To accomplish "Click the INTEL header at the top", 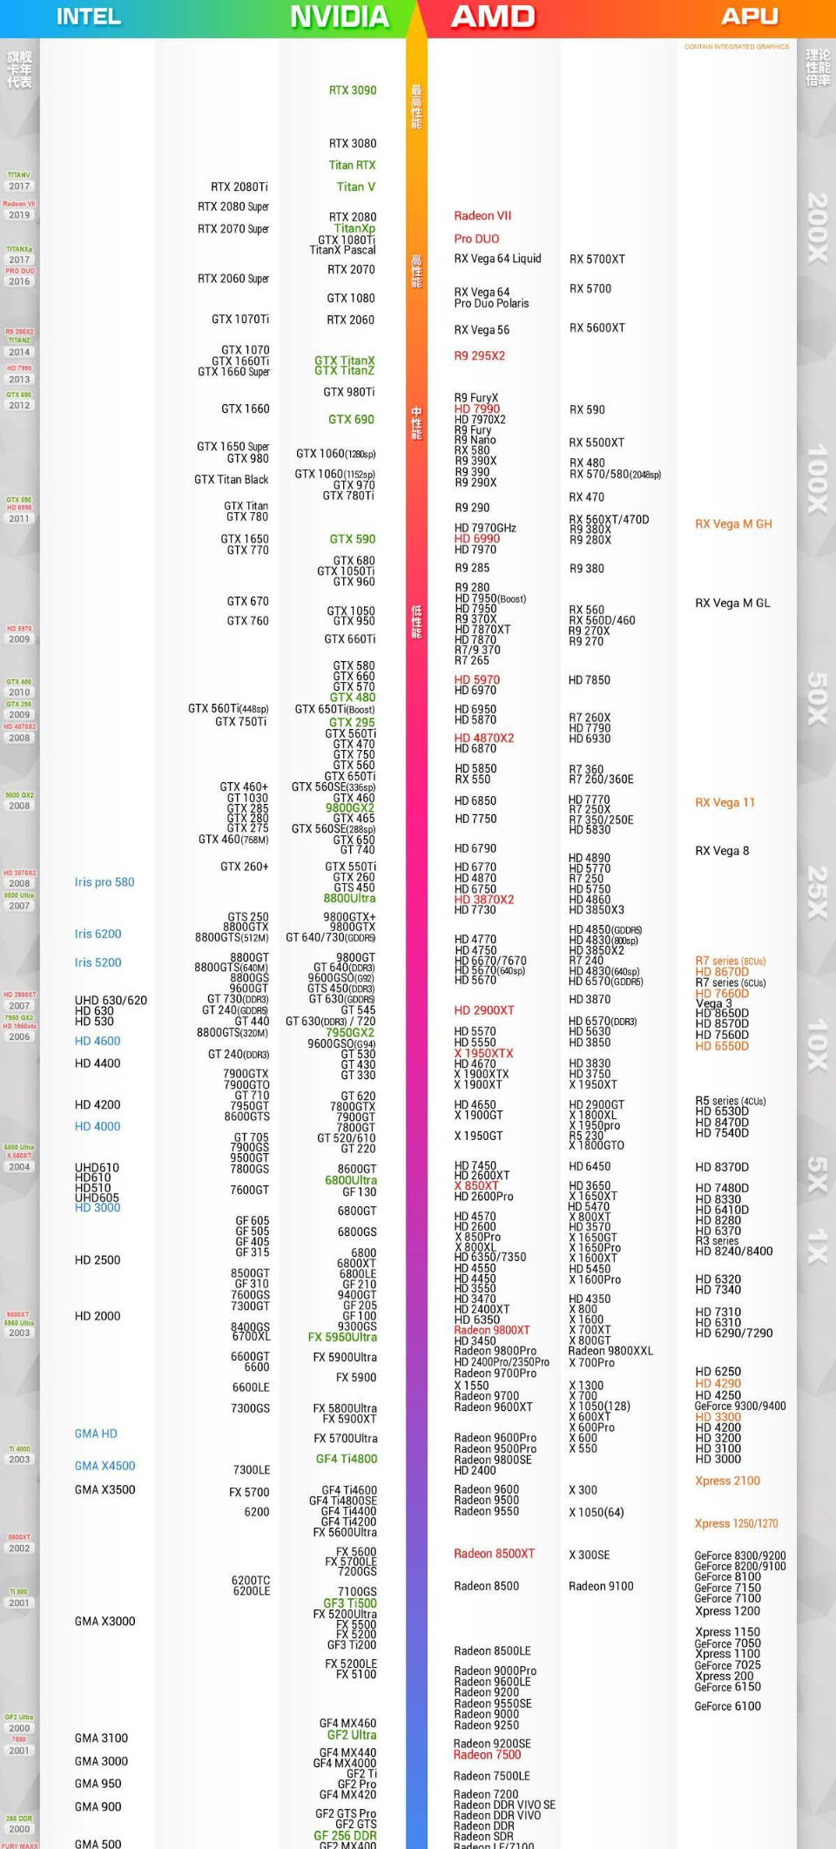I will pos(88,17).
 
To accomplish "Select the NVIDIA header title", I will pos(340,17).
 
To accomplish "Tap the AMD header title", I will pos(493,17).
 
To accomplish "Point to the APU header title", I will pos(749,17).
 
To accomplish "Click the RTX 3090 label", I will pos(353,91).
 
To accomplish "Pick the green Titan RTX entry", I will pos(353,165).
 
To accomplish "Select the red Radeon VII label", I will pos(482,216).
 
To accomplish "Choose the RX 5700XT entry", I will pos(597,260).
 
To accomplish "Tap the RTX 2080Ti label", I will pos(239,187).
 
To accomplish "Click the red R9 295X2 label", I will pos(479,356).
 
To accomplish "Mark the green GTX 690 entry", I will pos(351,420).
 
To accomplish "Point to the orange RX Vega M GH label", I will pos(733,524).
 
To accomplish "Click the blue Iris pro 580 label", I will pos(104,882).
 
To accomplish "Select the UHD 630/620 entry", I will pos(111,1001).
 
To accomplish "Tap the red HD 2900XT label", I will pos(484,1010).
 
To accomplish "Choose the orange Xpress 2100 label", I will pos(727,1481).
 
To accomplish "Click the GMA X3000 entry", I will pos(104,1621).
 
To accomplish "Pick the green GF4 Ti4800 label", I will pos(347,1459).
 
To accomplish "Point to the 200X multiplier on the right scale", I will pos(817,228).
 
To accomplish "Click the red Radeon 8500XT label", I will pos(494,1554).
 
